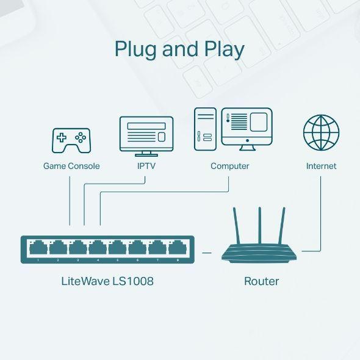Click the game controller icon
tap(71, 140)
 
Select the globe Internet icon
tap(321, 133)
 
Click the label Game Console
tap(71, 166)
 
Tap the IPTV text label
tap(145, 166)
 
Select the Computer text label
tap(229, 166)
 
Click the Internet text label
tap(321, 166)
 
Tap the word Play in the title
tap(224, 50)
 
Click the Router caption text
tap(261, 281)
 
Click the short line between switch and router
tap(207, 251)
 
